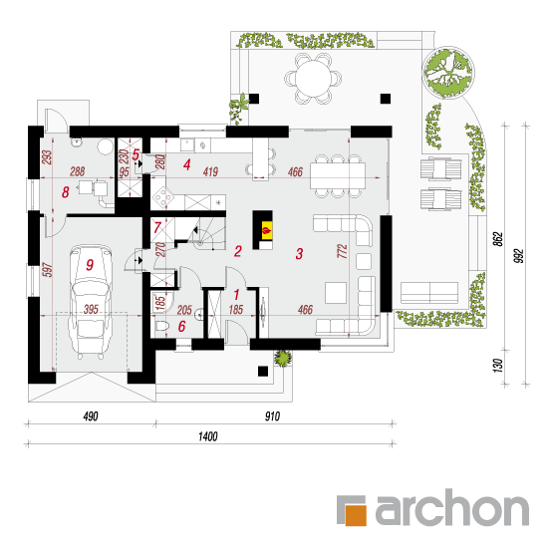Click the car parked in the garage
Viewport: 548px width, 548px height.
tap(91, 301)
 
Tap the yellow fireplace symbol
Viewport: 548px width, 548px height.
tap(267, 230)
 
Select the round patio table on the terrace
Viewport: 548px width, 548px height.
tap(313, 79)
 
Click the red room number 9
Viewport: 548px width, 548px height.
tap(90, 265)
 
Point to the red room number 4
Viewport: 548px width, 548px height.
tap(187, 164)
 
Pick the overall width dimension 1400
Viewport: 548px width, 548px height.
tap(208, 436)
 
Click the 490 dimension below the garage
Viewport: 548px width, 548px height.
tap(91, 416)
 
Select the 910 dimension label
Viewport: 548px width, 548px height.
tap(272, 416)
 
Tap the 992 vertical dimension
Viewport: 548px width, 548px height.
tap(520, 256)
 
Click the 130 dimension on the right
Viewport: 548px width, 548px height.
tap(498, 366)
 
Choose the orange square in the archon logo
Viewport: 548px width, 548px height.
tap(356, 515)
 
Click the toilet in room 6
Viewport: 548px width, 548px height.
tap(161, 326)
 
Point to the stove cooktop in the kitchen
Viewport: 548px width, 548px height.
tap(162, 198)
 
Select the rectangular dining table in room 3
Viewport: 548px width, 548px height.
tap(338, 175)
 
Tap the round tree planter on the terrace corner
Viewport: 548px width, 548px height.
tap(448, 73)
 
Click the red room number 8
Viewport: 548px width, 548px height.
tap(66, 192)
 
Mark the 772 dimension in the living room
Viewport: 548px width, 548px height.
tap(342, 251)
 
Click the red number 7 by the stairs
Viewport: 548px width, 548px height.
tap(156, 227)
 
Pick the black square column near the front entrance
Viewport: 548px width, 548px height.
tap(263, 372)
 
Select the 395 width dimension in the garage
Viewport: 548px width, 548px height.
tap(91, 309)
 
